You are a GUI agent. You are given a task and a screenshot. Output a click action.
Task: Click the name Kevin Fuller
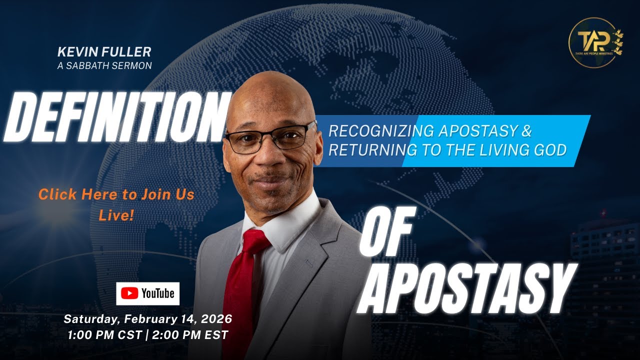pyautogui.click(x=104, y=51)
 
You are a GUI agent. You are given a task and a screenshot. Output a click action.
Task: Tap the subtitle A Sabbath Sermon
pyautogui.click(x=104, y=65)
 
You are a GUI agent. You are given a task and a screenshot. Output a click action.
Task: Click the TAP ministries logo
pyautogui.click(x=595, y=42)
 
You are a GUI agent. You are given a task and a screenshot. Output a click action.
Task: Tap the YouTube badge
pyautogui.click(x=147, y=293)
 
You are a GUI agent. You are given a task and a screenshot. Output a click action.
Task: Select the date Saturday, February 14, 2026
pyautogui.click(x=147, y=319)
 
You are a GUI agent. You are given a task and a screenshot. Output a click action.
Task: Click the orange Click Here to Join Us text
pyautogui.click(x=116, y=194)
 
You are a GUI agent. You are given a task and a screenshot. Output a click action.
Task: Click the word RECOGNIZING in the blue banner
pyautogui.click(x=381, y=131)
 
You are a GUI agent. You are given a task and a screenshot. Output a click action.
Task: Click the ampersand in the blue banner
pyautogui.click(x=526, y=131)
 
